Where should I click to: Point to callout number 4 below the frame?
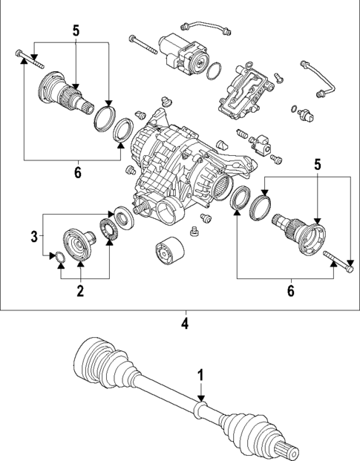pos(185,324)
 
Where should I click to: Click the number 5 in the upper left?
pos(75,32)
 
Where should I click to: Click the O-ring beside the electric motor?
pos(214,72)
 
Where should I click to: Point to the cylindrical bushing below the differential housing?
pos(166,253)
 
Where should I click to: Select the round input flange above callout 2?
pos(77,243)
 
